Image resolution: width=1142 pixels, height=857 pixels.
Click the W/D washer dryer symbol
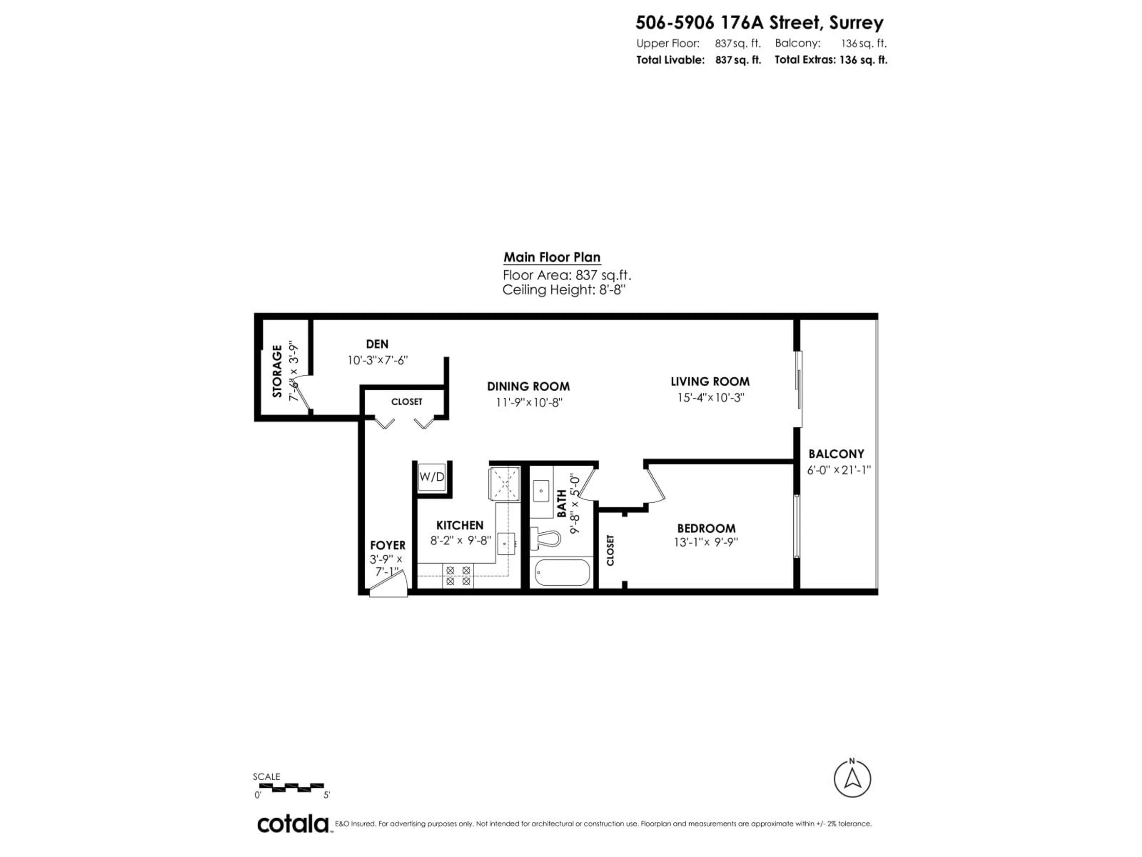[x=432, y=477]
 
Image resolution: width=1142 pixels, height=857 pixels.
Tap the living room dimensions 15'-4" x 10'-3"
[x=710, y=398]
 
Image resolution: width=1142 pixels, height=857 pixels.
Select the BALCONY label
[x=836, y=454]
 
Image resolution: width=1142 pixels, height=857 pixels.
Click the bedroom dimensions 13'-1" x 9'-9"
[x=706, y=542]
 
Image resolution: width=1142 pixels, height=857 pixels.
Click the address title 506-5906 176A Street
[x=759, y=23]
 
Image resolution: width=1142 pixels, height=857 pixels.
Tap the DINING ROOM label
[x=528, y=387]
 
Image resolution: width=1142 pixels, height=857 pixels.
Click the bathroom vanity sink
[x=541, y=490]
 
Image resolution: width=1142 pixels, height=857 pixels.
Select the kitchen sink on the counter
[x=506, y=543]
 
